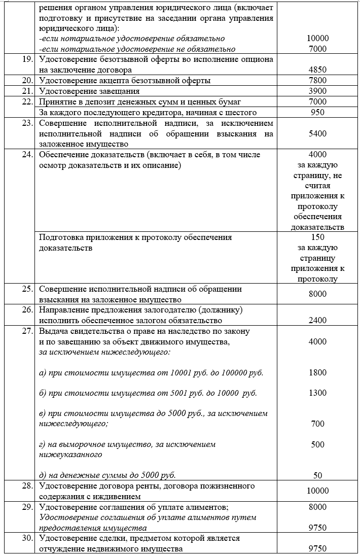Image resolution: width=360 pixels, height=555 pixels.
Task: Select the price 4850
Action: tap(317, 70)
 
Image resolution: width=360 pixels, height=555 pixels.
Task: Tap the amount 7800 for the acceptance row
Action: tap(317, 81)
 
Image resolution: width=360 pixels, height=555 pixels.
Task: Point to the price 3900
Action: tap(317, 91)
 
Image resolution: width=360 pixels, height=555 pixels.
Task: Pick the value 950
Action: tap(317, 113)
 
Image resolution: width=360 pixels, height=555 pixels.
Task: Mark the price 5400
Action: tap(317, 133)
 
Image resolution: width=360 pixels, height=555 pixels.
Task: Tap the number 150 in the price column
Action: tap(317, 237)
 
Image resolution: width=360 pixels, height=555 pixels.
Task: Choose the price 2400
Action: tap(317, 321)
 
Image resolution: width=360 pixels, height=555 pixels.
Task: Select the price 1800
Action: tap(317, 373)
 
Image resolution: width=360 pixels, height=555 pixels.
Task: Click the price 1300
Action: tap(317, 393)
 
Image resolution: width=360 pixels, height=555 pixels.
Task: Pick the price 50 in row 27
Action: tap(317, 475)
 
